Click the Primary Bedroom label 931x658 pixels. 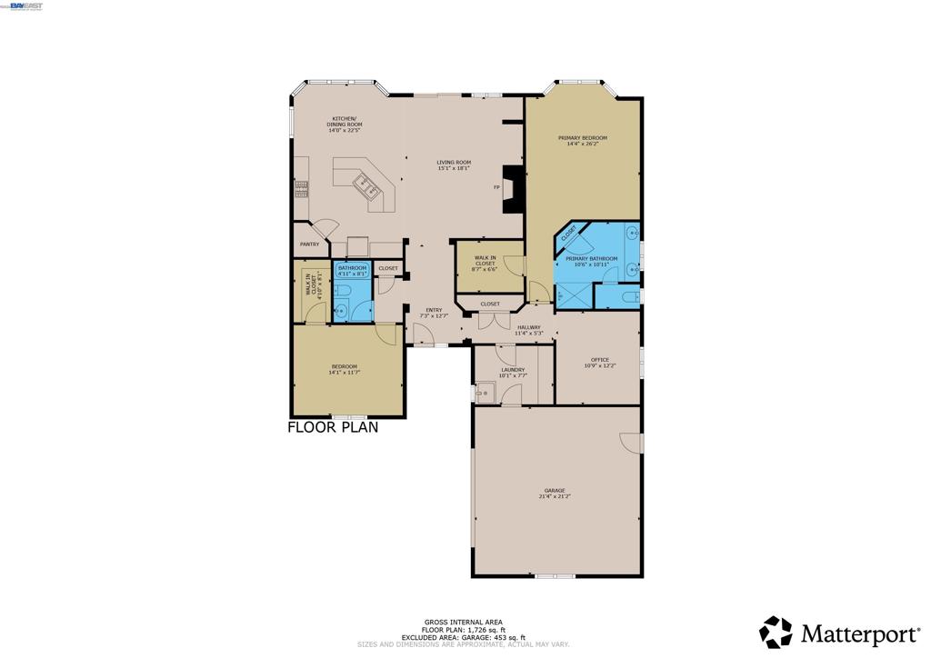click(x=582, y=137)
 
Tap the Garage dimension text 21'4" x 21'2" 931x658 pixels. click(x=555, y=496)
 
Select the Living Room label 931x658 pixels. click(x=453, y=163)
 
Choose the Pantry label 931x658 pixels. click(x=310, y=244)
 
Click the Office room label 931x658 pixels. click(x=600, y=360)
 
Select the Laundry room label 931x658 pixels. click(x=512, y=370)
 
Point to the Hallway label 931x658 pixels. click(x=528, y=327)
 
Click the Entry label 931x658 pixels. click(x=434, y=310)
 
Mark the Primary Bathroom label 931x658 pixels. click(x=591, y=259)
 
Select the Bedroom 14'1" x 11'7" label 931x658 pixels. click(x=343, y=366)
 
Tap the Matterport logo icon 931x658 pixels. click(x=776, y=632)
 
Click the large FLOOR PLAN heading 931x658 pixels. click(x=333, y=426)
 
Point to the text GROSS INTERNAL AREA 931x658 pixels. click(x=462, y=623)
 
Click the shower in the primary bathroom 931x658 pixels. click(x=573, y=295)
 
